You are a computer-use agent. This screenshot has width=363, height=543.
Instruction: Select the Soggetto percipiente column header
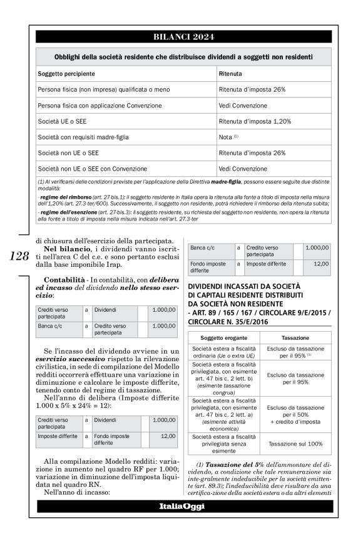(x=68, y=74)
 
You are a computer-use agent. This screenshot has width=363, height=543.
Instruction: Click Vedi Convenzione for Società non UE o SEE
(x=243, y=169)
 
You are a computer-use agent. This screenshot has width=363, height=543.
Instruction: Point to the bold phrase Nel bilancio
(x=64, y=249)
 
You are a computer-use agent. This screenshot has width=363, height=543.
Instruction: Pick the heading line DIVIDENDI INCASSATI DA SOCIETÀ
(x=240, y=286)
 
